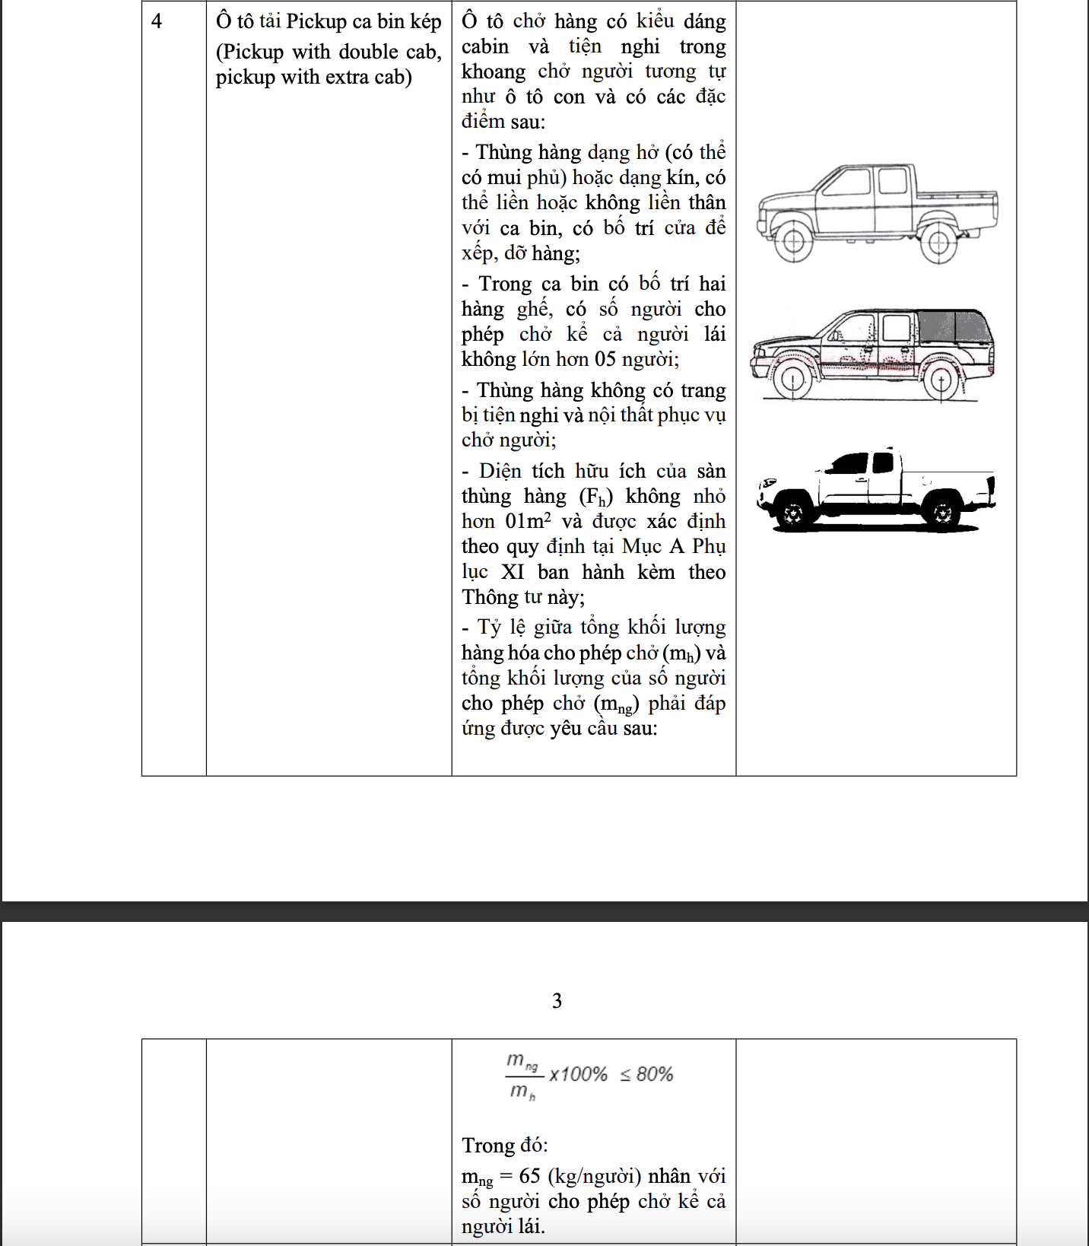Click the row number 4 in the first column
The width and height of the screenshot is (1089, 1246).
157,21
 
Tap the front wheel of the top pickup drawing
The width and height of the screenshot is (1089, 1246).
794,243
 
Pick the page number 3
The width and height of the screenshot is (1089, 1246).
557,1000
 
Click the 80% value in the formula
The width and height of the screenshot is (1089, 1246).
655,1074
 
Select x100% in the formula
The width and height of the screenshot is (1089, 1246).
578,1074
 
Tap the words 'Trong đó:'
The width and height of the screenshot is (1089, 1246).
504,1145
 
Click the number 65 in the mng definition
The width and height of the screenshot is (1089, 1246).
529,1176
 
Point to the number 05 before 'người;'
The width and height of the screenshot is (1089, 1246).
605,359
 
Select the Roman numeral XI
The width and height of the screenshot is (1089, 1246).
513,572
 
